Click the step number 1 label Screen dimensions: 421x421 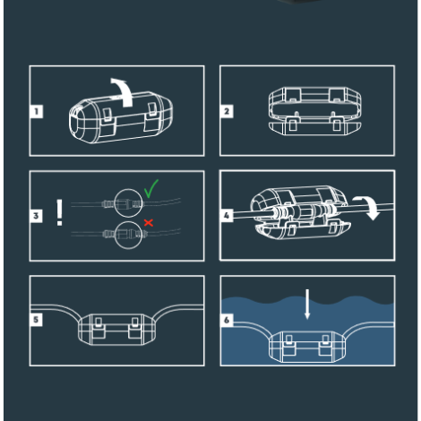(x=37, y=111)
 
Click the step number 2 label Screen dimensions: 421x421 (x=227, y=111)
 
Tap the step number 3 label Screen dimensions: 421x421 (x=36, y=216)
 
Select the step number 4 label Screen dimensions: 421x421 (x=227, y=216)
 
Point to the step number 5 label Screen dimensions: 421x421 (x=36, y=320)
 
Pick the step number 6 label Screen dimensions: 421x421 (x=227, y=320)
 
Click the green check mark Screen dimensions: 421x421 (x=151, y=188)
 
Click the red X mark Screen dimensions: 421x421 (x=149, y=223)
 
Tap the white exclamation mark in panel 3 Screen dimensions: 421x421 (x=59, y=212)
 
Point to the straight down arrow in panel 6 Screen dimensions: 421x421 (x=307, y=304)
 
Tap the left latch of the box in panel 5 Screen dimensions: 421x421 (x=99, y=328)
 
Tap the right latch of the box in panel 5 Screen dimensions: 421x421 (x=134, y=328)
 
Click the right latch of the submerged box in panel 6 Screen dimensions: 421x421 (x=325, y=345)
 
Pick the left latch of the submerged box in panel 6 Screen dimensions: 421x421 (x=289, y=345)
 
